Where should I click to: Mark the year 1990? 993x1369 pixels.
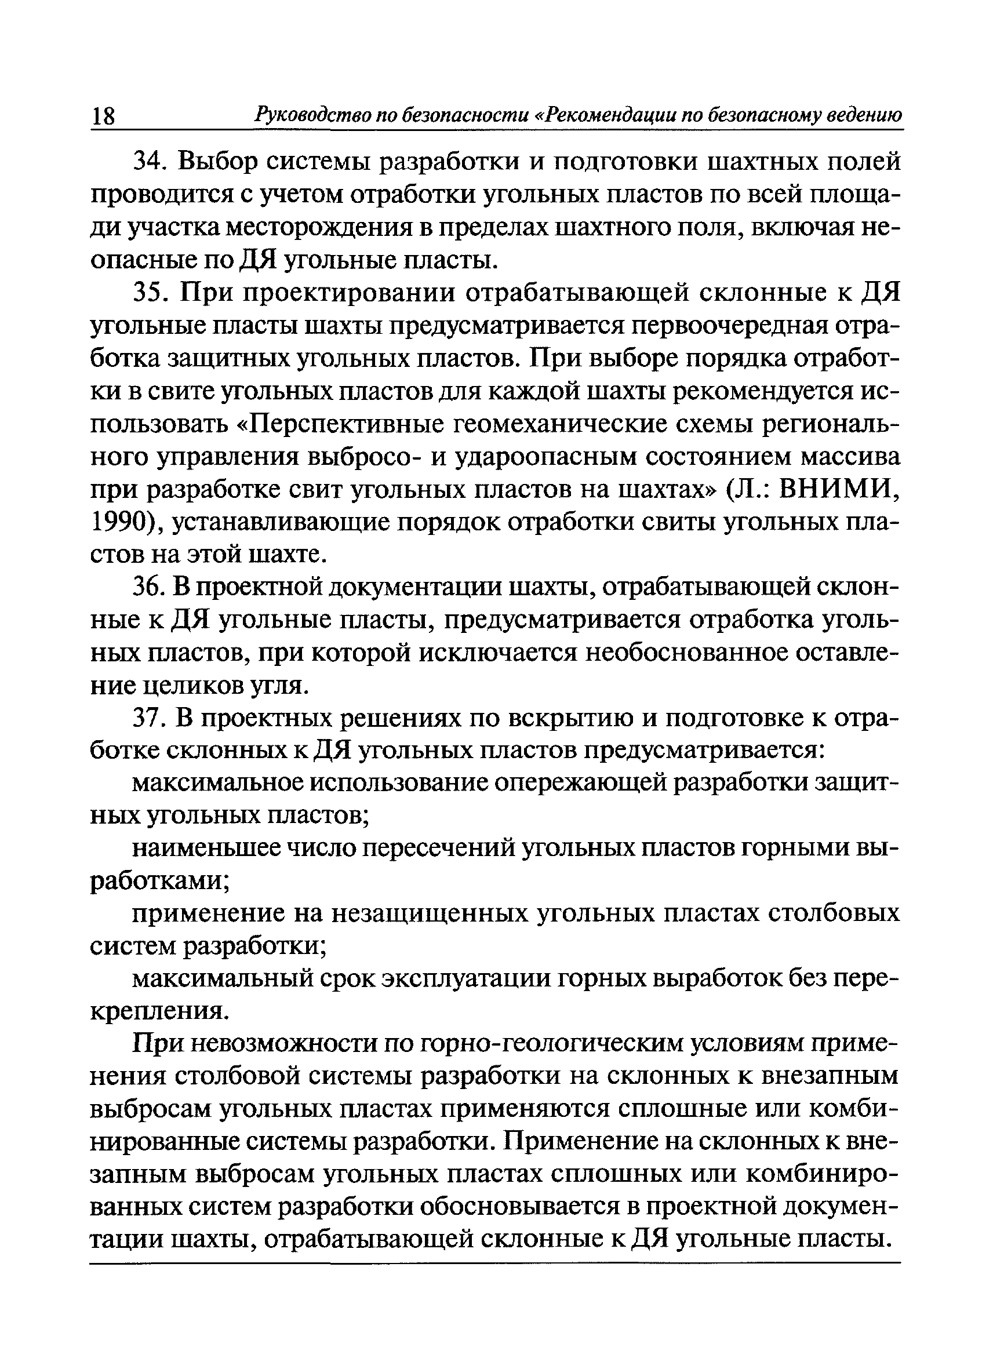(x=120, y=523)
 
